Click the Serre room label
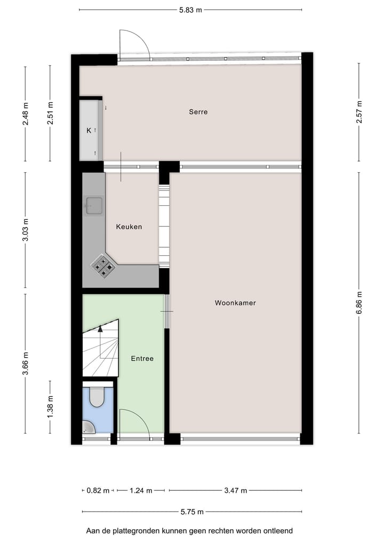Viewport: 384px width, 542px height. [198, 112]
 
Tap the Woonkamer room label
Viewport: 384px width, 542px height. [235, 303]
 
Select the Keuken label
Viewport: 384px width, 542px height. [129, 226]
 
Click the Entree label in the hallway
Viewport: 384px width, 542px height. [142, 359]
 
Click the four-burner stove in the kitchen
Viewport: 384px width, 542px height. [103, 265]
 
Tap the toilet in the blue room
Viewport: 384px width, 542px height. [97, 397]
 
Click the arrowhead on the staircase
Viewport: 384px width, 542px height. [100, 329]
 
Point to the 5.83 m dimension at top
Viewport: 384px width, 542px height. [190, 9]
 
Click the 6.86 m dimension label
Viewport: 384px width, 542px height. [359, 302]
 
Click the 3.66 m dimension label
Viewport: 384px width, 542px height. [25, 363]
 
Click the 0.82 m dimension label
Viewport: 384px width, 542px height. [98, 490]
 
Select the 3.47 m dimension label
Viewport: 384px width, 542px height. [235, 490]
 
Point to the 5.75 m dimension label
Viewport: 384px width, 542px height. [192, 512]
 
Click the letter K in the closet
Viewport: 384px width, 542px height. [89, 130]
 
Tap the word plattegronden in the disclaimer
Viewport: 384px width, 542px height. [131, 531]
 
